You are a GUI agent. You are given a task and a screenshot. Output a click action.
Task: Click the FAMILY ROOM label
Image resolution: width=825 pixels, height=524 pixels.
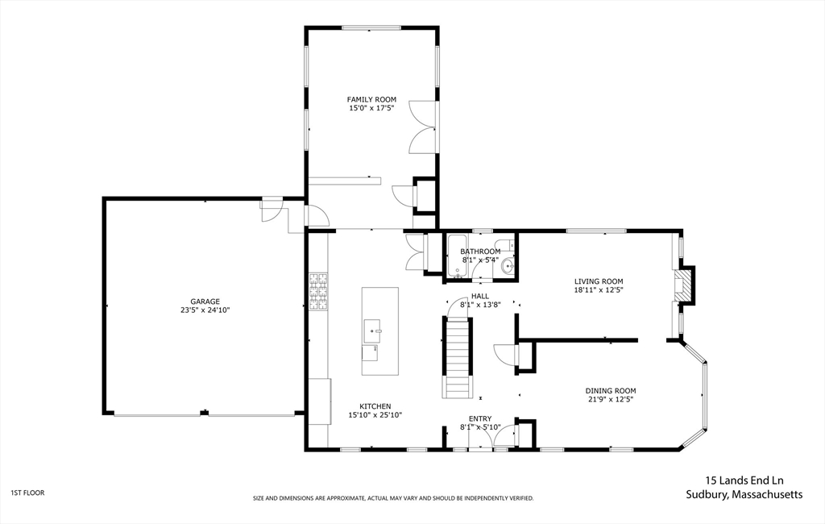click(x=371, y=99)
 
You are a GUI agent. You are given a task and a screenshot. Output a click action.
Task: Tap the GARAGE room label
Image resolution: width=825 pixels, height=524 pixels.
click(x=205, y=302)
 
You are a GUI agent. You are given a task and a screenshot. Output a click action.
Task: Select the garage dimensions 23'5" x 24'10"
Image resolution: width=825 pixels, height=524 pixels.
click(x=205, y=310)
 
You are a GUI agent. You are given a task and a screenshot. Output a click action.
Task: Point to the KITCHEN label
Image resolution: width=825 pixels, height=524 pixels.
click(x=375, y=406)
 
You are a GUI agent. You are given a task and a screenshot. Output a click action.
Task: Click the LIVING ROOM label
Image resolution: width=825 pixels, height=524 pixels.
click(x=599, y=281)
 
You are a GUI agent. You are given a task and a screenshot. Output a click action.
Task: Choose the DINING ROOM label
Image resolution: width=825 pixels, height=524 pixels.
click(x=611, y=391)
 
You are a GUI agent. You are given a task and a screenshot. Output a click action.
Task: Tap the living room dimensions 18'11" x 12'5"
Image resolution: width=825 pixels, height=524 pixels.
click(x=599, y=289)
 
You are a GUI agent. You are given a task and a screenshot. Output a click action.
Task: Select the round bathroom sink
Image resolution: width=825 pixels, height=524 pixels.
click(x=508, y=265)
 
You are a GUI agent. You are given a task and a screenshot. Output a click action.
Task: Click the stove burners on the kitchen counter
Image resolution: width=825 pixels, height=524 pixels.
click(x=318, y=291)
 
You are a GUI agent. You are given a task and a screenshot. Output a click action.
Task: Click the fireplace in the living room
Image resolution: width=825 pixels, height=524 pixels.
click(x=684, y=285)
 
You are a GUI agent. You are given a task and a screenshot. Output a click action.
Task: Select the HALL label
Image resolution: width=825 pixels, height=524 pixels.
click(x=480, y=297)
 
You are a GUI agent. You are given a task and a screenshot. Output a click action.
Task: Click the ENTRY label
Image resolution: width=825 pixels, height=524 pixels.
click(x=480, y=419)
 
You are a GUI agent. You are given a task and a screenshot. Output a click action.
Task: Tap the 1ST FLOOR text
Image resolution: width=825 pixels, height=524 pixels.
click(x=28, y=493)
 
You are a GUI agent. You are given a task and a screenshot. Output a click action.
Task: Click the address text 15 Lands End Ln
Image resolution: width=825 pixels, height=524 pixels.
click(x=744, y=480)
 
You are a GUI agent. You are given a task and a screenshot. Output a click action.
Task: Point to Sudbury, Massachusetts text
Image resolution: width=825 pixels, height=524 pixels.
click(x=744, y=494)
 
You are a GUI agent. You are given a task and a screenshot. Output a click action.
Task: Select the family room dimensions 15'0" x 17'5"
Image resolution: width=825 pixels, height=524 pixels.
click(x=371, y=108)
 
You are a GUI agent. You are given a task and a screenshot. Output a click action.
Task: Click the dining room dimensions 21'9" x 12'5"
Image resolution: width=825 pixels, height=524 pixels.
click(x=611, y=399)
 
